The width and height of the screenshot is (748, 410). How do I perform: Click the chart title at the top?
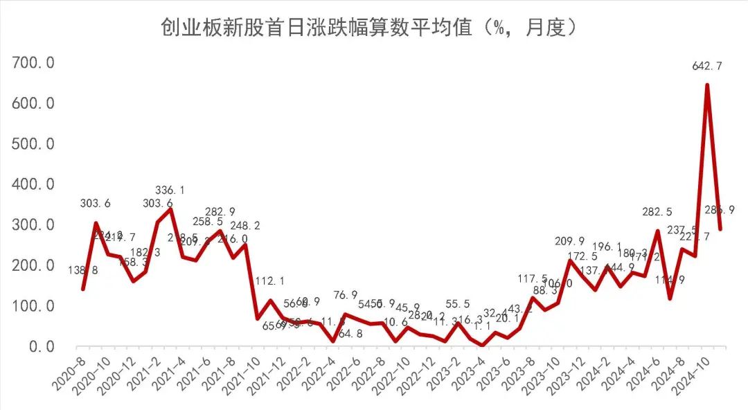pyautogui.click(x=369, y=28)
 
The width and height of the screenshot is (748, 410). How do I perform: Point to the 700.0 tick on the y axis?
pyautogui.click(x=34, y=64)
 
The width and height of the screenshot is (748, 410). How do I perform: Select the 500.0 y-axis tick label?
pyautogui.click(x=34, y=144)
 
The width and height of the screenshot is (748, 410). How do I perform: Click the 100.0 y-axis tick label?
pyautogui.click(x=34, y=306)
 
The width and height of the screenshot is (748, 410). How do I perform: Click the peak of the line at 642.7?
pyautogui.click(x=707, y=85)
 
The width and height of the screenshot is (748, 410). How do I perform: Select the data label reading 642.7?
pyautogui.click(x=707, y=66)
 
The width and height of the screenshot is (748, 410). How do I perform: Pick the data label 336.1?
pyautogui.click(x=170, y=190)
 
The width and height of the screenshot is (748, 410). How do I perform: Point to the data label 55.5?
pyautogui.click(x=456, y=305)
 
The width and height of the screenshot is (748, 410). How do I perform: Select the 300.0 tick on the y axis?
pyautogui.click(x=34, y=225)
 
